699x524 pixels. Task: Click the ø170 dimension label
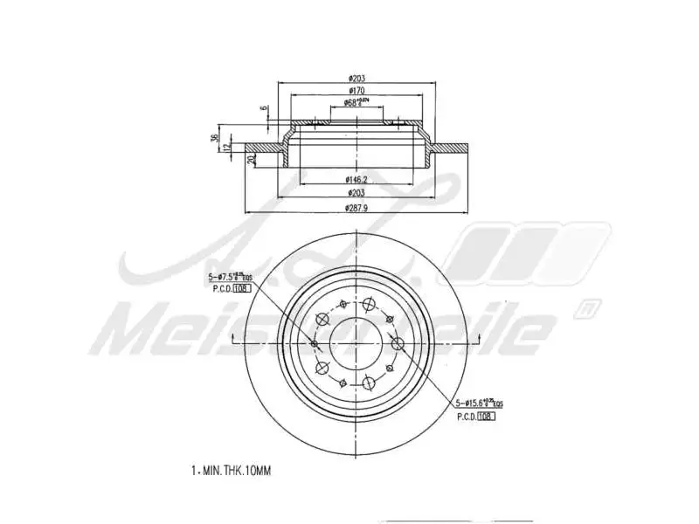[356, 90]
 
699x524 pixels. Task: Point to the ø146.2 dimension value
[356, 178]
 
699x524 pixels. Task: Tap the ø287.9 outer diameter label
[356, 206]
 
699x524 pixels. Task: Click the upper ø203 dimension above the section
[356, 77]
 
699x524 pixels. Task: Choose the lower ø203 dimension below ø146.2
[356, 192]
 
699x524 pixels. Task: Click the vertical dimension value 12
[227, 147]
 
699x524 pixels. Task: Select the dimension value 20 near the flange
[251, 158]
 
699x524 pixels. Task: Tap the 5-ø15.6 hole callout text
[478, 403]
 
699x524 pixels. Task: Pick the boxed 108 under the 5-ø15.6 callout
[486, 417]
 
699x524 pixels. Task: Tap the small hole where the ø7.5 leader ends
[315, 343]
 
